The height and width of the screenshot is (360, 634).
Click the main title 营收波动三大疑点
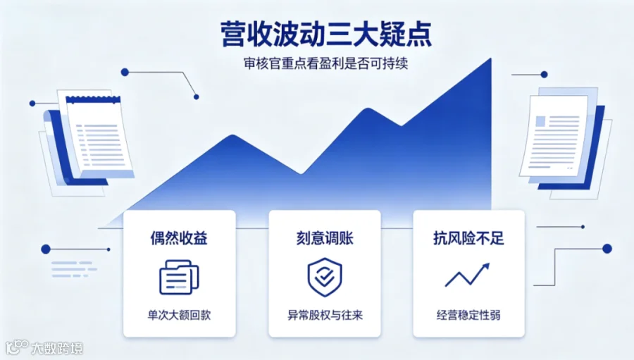(x=326, y=34)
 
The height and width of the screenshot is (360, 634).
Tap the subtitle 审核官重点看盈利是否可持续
(x=326, y=63)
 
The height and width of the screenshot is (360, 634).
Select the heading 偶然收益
(x=179, y=238)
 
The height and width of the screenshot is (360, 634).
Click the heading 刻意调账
(x=325, y=238)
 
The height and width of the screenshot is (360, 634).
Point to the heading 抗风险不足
(x=468, y=238)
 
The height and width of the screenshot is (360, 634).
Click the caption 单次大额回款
(x=179, y=315)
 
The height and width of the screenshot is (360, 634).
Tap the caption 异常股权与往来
(x=325, y=315)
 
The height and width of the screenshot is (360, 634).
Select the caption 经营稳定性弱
(x=468, y=315)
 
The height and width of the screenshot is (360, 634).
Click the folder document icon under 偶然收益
(x=179, y=277)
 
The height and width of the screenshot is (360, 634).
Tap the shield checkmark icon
(x=325, y=277)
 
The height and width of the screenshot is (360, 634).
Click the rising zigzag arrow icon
(x=468, y=275)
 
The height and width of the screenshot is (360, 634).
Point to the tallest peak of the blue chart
(x=491, y=58)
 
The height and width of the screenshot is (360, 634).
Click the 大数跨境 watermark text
(x=57, y=348)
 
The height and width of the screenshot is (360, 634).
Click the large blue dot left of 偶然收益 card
(x=46, y=249)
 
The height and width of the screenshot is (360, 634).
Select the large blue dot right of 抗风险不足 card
(x=607, y=249)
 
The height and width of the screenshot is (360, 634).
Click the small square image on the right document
(x=540, y=121)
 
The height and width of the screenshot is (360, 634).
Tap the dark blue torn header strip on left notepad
(x=93, y=99)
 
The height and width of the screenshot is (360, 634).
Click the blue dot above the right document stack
(x=545, y=75)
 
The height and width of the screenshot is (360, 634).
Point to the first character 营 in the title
(x=234, y=35)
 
